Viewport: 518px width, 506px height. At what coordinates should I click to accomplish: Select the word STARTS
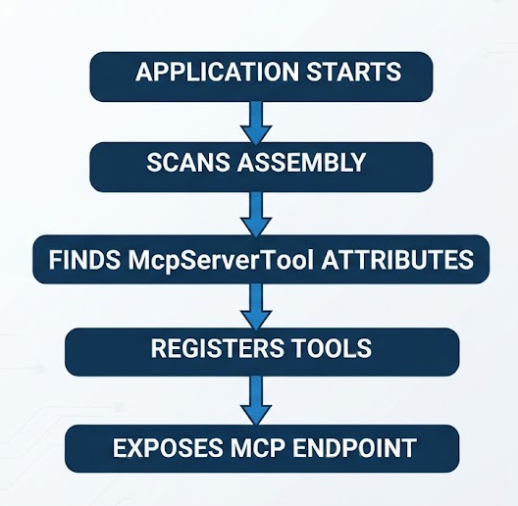pos(354,72)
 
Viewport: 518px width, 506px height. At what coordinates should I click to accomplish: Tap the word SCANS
pos(188,162)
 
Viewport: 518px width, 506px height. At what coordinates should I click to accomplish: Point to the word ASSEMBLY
pos(301,162)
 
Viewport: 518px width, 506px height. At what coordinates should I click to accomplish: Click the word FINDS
pos(84,260)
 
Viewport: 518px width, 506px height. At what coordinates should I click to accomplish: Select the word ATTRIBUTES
pos(397,260)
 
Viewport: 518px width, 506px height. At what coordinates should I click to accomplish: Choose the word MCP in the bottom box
pos(258,448)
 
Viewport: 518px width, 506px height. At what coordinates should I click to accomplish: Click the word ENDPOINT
pos(354,448)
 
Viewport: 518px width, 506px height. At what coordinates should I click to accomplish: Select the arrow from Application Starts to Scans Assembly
pos(256,123)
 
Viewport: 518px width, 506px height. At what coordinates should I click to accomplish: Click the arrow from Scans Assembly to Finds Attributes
pos(256,214)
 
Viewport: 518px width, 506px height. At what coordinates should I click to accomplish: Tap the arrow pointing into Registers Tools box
pos(256,307)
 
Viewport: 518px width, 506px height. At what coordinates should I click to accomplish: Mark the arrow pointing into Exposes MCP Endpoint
pos(256,401)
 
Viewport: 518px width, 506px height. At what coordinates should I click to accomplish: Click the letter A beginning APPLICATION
pos(143,72)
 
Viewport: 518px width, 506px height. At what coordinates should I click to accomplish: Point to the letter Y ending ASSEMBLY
pos(356,162)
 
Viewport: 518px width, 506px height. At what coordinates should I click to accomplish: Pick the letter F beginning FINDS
pos(55,260)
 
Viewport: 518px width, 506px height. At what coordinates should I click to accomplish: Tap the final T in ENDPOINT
pos(409,448)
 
